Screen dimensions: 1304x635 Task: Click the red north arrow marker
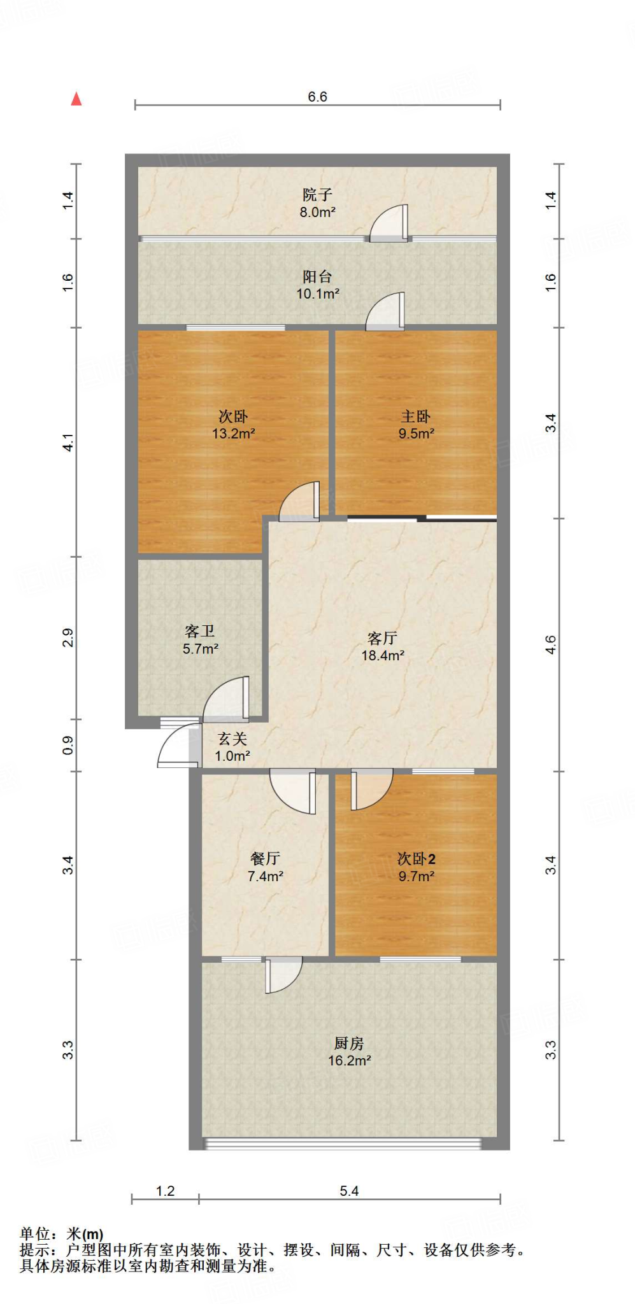click(76, 99)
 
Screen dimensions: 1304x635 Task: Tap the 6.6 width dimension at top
click(317, 97)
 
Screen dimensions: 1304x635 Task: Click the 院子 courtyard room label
click(317, 194)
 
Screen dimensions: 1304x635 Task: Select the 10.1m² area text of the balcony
click(317, 294)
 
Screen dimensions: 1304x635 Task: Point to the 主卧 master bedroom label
click(416, 416)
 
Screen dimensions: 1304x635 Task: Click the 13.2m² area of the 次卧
click(233, 434)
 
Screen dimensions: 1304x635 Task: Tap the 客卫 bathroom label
click(200, 631)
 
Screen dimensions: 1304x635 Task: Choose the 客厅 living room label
click(383, 638)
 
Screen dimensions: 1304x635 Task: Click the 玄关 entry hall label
click(232, 739)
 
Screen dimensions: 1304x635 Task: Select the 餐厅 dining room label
click(265, 858)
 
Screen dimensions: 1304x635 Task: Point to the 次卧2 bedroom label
click(417, 858)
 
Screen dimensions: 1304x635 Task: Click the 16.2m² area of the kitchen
click(349, 1061)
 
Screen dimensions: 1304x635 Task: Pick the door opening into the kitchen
click(283, 974)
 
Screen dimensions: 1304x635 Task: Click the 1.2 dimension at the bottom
click(165, 1191)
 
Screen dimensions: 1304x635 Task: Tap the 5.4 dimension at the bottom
click(349, 1191)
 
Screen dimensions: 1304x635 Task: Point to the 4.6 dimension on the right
click(551, 644)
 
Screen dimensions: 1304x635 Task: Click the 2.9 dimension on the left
click(68, 637)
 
